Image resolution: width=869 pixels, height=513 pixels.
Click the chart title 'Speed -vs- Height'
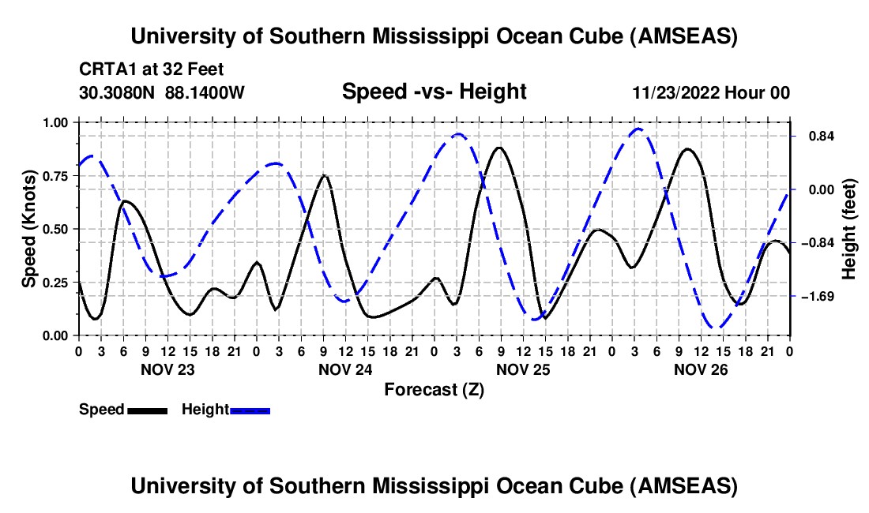(x=434, y=92)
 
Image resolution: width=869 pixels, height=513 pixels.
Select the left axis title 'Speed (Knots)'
(x=29, y=229)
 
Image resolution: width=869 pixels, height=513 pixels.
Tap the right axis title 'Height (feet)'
(x=848, y=229)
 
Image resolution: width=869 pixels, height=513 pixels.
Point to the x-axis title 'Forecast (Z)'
(x=434, y=389)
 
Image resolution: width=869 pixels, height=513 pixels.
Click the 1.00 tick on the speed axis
(x=58, y=122)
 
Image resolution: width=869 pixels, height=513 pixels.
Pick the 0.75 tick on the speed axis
(x=58, y=176)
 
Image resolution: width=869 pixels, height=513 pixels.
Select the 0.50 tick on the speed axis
(x=58, y=229)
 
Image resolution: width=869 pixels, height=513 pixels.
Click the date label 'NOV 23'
(x=167, y=369)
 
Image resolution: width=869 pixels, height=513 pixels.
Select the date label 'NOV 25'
(x=523, y=369)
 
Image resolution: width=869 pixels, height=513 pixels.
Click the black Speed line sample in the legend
(x=147, y=410)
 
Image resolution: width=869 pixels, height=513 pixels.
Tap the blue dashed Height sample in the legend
(x=250, y=410)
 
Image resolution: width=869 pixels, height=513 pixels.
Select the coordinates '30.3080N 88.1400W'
(x=162, y=92)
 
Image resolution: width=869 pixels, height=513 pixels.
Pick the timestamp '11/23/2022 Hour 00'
(x=711, y=92)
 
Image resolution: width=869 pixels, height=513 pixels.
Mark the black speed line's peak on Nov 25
(x=499, y=148)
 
